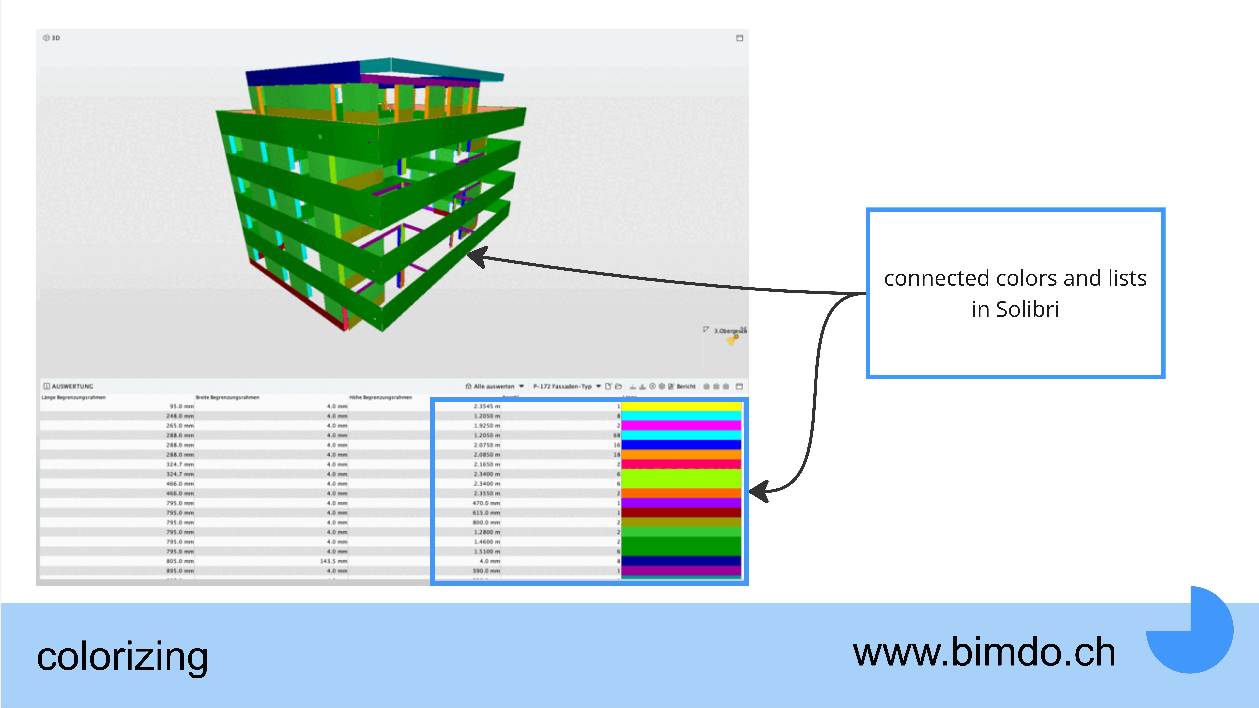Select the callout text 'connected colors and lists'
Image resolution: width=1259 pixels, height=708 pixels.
[x=1015, y=278]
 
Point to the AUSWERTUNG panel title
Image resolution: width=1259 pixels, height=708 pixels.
[x=72, y=386]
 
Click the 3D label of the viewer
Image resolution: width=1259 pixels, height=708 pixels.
[x=55, y=38]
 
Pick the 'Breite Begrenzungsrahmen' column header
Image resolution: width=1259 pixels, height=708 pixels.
[x=227, y=397]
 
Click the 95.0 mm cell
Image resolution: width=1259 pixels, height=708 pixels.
[x=182, y=406]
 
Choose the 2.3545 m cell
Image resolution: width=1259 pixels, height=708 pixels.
[x=487, y=406]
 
